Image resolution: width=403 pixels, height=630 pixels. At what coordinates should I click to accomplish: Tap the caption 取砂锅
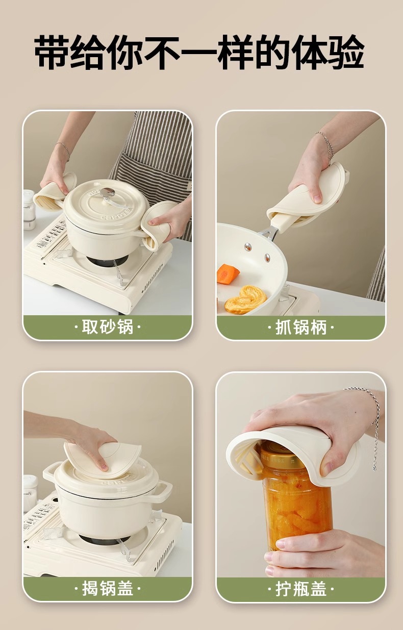[108, 327]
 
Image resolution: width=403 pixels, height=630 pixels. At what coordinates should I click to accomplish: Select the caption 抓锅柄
[301, 327]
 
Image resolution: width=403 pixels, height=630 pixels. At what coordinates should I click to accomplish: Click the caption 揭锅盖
[108, 589]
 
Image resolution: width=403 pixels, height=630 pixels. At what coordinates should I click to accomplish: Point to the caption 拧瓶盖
[301, 589]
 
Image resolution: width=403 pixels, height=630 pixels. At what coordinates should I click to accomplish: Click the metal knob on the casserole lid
[107, 193]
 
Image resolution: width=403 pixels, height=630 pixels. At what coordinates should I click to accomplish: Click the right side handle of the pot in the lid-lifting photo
[162, 491]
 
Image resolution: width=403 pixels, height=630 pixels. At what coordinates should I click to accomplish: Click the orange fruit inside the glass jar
[296, 505]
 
